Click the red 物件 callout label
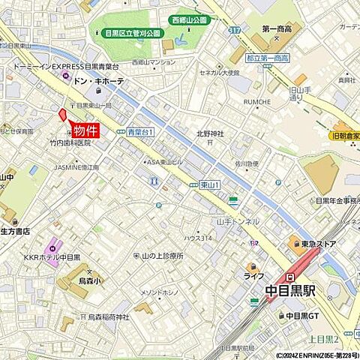click(86, 128)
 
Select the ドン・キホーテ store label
click(99, 81)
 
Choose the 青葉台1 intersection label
click(140, 132)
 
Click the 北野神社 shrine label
click(211, 134)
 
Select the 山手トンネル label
click(238, 222)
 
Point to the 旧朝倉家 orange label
click(346, 137)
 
